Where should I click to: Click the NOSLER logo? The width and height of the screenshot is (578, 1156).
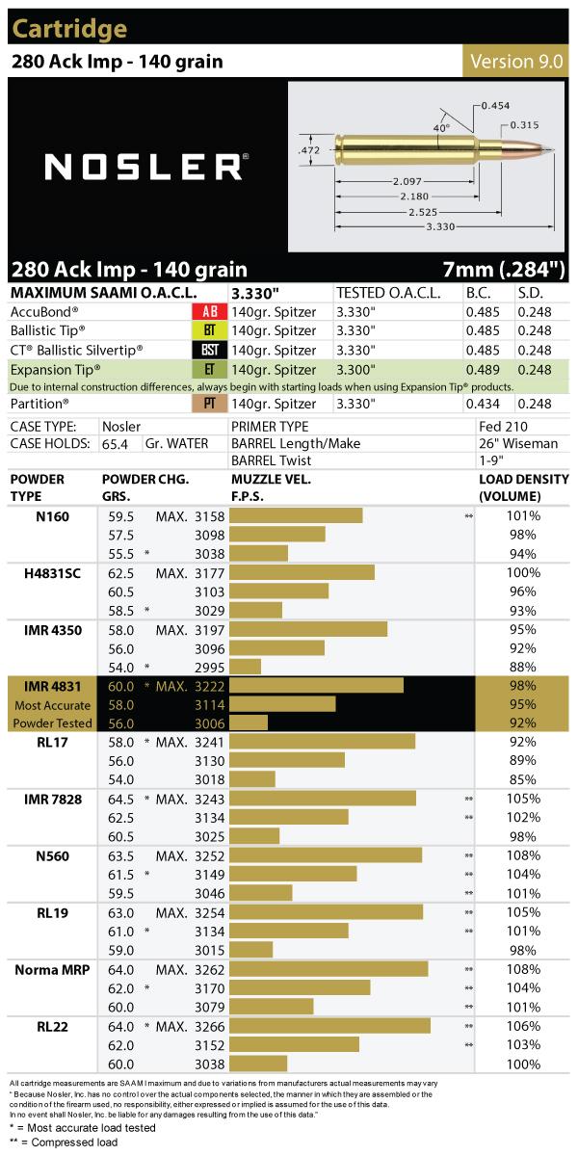tap(146, 167)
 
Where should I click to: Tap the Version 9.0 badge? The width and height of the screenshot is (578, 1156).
tap(516, 62)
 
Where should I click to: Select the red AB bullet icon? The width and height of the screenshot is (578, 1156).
tap(210, 311)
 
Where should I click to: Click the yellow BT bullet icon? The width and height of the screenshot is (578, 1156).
tap(210, 330)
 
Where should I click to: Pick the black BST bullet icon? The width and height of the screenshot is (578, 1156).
tap(210, 350)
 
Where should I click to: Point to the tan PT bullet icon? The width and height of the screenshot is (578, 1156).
tap(210, 403)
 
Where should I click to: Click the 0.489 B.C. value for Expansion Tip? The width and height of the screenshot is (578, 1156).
tap(483, 370)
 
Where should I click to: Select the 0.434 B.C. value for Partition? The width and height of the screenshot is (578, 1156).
tap(483, 404)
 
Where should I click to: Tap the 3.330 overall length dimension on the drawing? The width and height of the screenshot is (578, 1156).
tap(440, 226)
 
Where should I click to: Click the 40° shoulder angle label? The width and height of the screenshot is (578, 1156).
tap(441, 127)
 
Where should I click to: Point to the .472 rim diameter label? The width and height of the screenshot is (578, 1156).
tap(309, 150)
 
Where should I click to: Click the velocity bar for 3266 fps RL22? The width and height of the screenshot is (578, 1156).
tap(329, 1026)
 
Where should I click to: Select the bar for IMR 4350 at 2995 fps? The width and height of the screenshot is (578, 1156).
tap(245, 667)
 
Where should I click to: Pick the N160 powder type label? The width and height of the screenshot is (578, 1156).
tap(52, 516)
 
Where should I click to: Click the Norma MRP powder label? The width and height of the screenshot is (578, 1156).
tap(52, 970)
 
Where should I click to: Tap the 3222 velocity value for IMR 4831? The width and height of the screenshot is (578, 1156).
tap(210, 686)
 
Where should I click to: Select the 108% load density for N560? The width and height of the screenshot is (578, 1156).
tap(523, 855)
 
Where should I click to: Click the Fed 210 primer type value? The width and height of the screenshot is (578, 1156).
tap(503, 426)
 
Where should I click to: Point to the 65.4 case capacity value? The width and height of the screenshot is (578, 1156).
tap(115, 444)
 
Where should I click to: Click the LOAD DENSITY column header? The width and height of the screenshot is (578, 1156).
tap(524, 487)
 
